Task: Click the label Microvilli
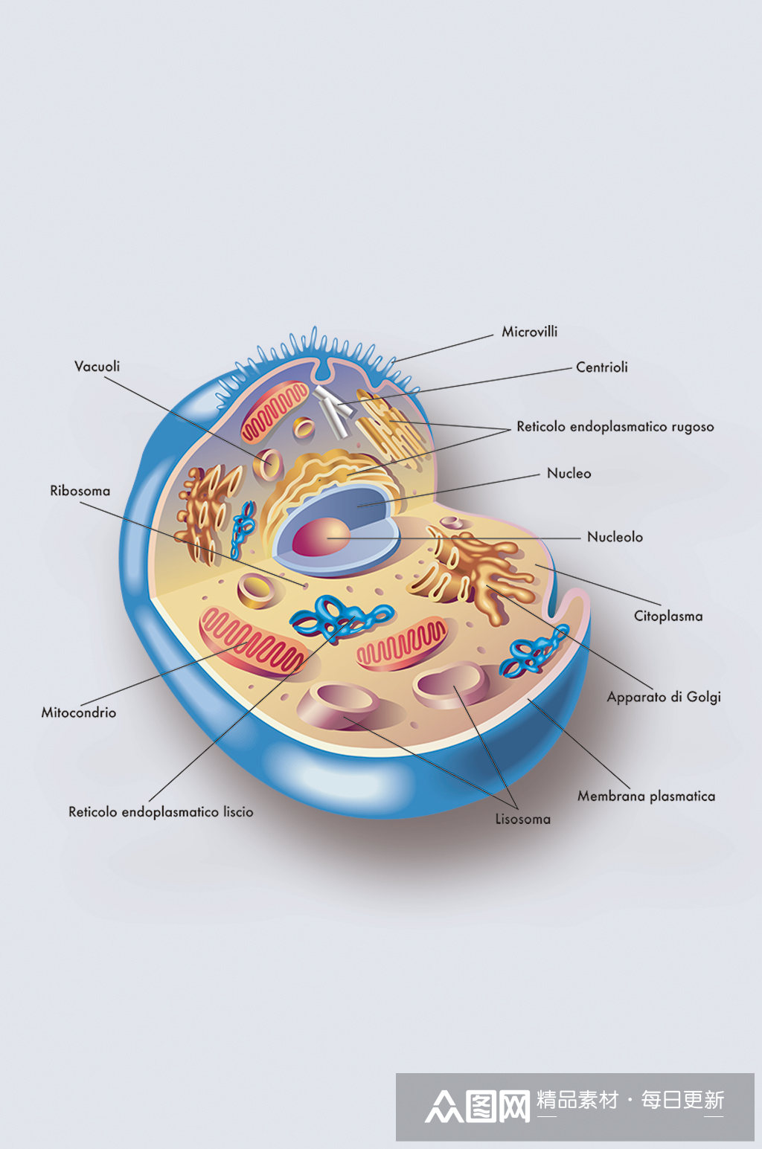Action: tap(529, 332)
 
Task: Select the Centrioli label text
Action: tap(601, 367)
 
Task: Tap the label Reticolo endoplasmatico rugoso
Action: tap(615, 427)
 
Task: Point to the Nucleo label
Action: tap(569, 473)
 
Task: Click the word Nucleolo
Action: tap(614, 537)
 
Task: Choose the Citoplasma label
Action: tap(667, 616)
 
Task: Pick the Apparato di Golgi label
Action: tap(663, 697)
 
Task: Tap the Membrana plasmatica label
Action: tap(646, 796)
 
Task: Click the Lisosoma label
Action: tap(522, 819)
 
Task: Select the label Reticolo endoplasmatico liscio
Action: tap(161, 811)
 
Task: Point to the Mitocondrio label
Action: tap(78, 712)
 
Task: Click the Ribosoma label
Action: tap(80, 491)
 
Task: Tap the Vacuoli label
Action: tap(97, 366)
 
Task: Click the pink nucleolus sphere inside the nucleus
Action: tap(321, 537)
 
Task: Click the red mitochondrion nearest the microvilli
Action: tap(274, 411)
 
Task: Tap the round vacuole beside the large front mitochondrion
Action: tap(257, 590)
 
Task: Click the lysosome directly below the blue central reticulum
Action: tap(339, 703)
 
